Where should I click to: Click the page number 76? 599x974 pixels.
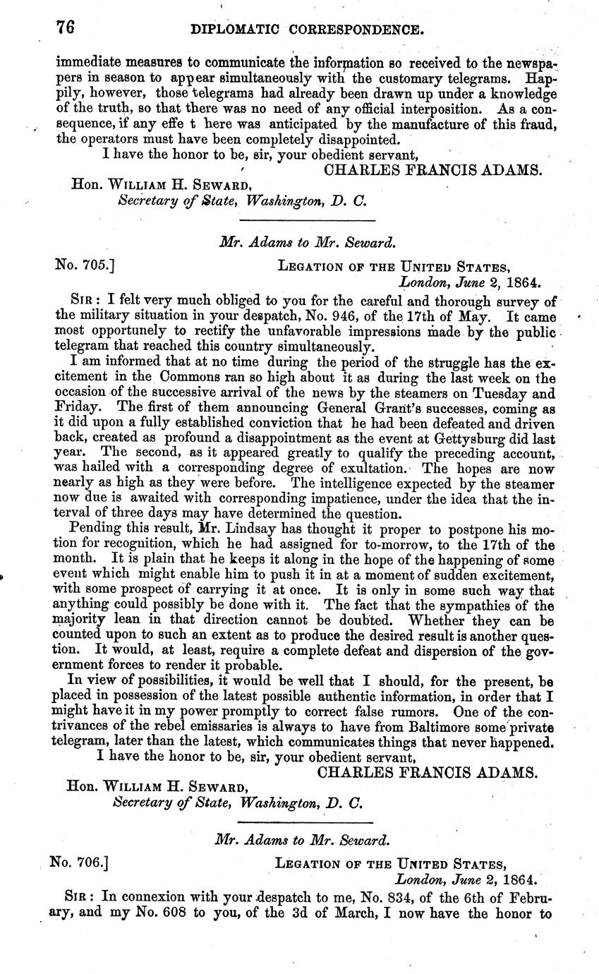65,29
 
